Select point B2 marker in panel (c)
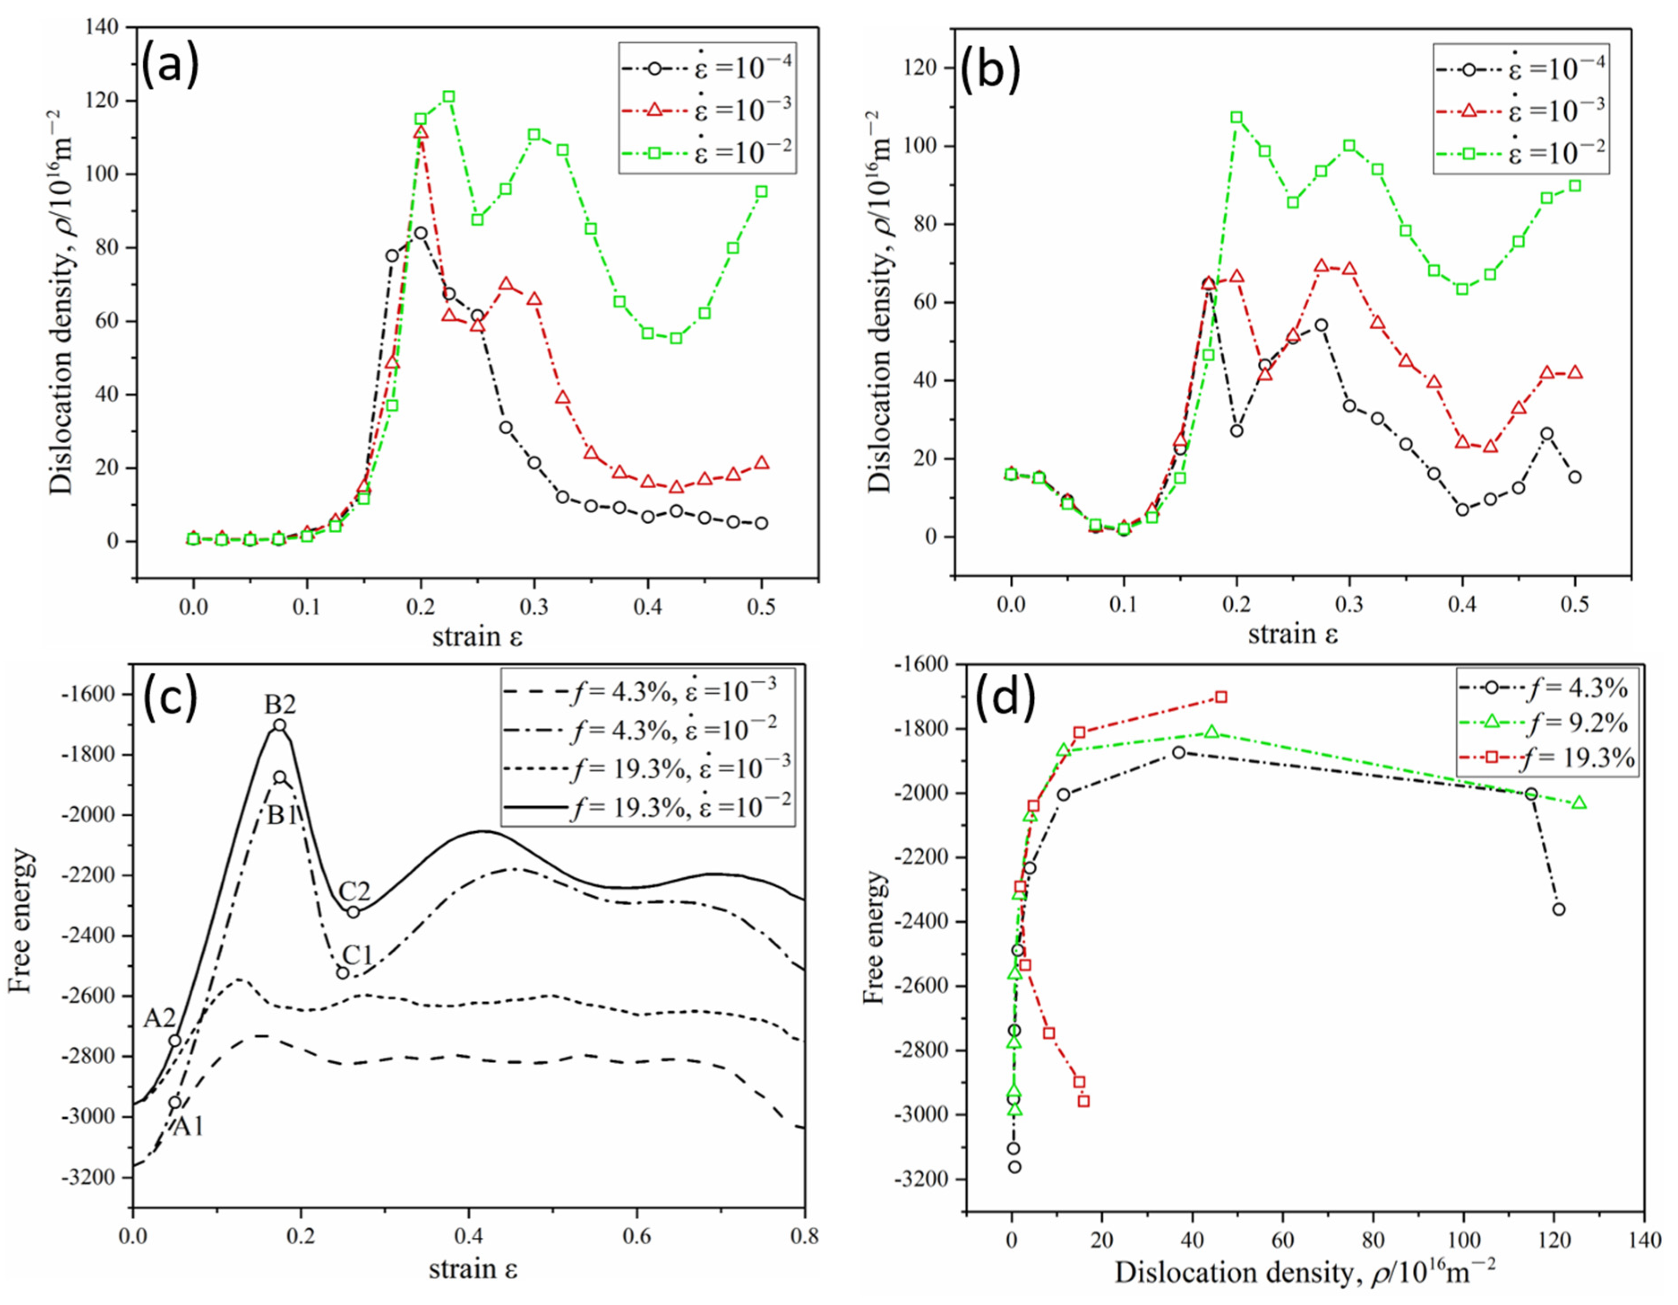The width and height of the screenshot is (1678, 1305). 280,725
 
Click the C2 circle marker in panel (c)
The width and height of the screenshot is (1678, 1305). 353,912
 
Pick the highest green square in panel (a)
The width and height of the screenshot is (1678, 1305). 449,97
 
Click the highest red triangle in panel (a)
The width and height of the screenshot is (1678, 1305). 420,132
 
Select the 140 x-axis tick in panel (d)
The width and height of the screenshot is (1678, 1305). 1643,1240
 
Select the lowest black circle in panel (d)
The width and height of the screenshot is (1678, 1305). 1014,1166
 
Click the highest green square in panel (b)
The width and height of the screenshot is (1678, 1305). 1236,118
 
